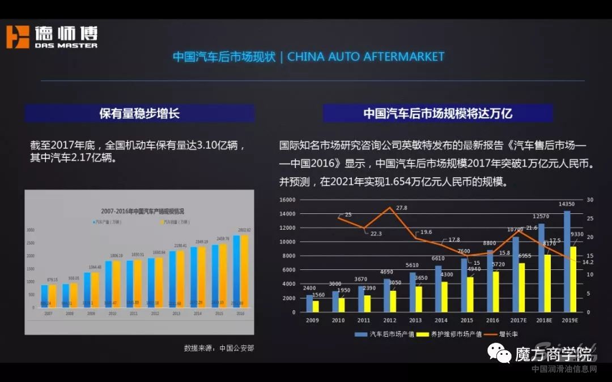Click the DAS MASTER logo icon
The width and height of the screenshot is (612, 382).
point(17,37)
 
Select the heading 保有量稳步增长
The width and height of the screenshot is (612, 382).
point(139,113)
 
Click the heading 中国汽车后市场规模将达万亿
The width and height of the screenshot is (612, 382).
point(437,113)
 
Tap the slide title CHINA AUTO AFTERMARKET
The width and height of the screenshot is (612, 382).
point(365,57)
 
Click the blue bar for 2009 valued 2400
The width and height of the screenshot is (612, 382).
point(310,303)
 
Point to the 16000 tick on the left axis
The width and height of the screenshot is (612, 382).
point(288,200)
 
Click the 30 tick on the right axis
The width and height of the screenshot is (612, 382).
point(590,200)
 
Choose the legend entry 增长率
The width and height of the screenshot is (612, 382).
point(507,334)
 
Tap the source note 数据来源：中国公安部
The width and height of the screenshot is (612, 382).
point(219,348)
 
